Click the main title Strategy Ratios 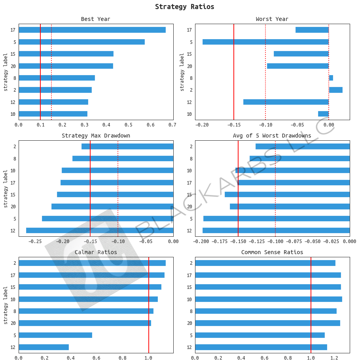click(x=184, y=7)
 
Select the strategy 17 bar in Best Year click(x=92, y=30)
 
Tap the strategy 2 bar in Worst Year click(x=335, y=90)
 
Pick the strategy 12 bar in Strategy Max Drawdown click(x=100, y=230)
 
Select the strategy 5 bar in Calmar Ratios click(x=55, y=335)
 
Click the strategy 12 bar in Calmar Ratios click(x=44, y=347)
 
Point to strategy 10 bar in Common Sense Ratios click(x=268, y=299)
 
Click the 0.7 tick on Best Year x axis click(x=172, y=125)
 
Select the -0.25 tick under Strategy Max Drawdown click(x=35, y=241)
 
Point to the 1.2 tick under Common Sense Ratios click(x=334, y=358)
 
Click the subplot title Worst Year click(x=272, y=19)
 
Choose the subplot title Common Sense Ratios click(x=272, y=252)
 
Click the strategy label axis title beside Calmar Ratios click(x=6, y=305)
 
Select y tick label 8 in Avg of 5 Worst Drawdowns click(x=191, y=158)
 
